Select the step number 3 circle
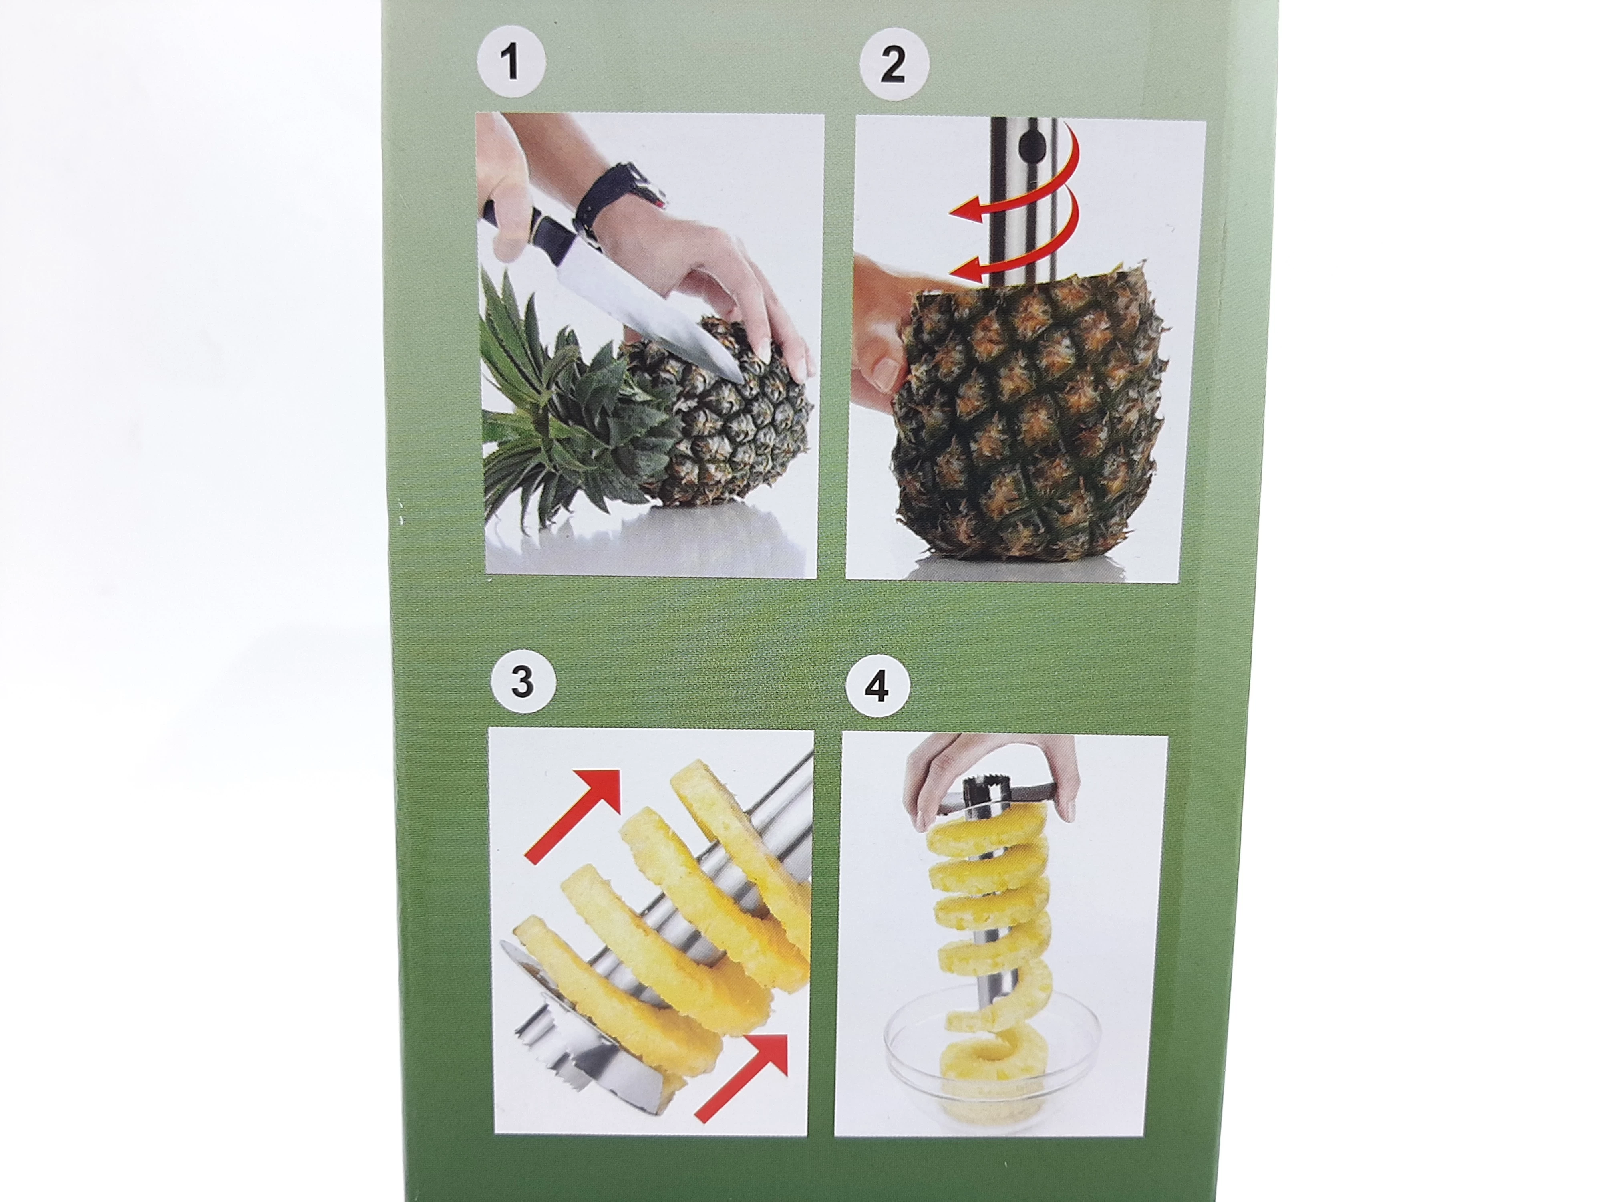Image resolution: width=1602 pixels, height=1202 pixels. coord(522,682)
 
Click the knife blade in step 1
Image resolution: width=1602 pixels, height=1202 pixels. coord(648,304)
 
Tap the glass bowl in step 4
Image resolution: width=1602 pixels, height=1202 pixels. coord(992,1065)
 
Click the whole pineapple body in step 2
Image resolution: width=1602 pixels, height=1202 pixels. coord(1028,413)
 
